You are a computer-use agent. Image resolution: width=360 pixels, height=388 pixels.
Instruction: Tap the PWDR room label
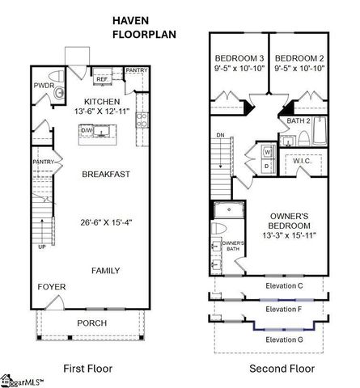[44, 84]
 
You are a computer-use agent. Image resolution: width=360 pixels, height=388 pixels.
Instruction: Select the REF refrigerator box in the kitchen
[102, 79]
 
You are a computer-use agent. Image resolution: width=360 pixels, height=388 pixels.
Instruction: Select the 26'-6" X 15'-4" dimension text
[108, 223]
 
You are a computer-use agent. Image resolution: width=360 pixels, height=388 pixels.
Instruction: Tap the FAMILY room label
[106, 270]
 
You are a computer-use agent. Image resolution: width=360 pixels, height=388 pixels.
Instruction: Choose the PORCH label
[91, 324]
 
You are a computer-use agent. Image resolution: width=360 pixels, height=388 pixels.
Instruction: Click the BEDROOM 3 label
[239, 59]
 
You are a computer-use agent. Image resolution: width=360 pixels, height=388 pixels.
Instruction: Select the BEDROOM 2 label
[299, 59]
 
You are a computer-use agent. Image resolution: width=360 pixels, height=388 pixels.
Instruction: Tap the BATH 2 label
[299, 120]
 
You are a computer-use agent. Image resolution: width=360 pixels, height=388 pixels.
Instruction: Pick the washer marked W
[268, 150]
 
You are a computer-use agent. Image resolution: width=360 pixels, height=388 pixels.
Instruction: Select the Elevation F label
[284, 308]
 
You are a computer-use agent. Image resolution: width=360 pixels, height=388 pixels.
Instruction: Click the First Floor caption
[89, 369]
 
